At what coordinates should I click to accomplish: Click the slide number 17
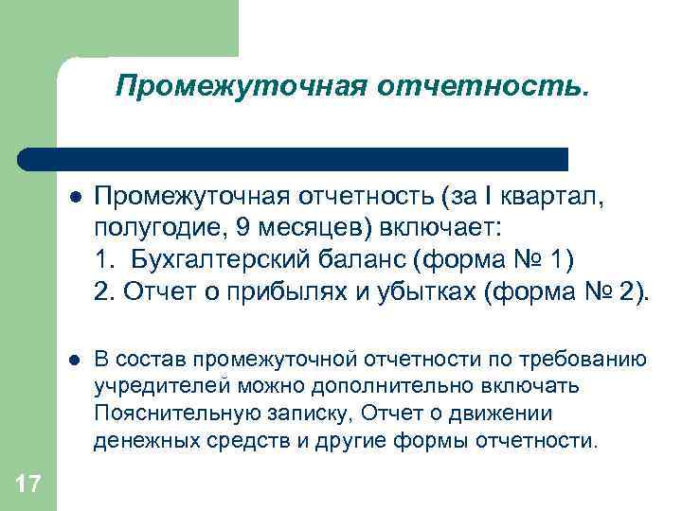27,485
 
